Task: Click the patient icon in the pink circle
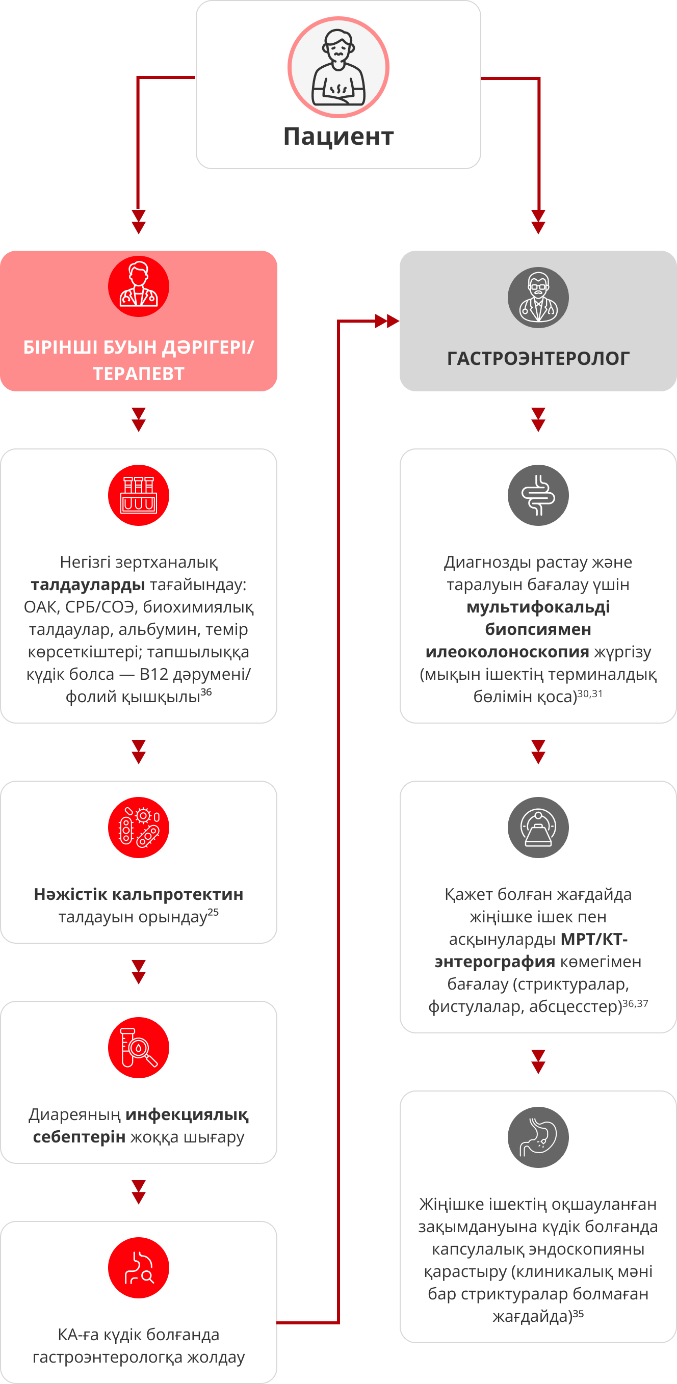tap(338, 67)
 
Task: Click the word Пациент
tap(338, 137)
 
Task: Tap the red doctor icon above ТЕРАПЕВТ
tap(139, 286)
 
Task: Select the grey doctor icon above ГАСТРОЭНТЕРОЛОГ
tap(538, 298)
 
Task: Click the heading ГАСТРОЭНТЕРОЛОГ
tap(538, 358)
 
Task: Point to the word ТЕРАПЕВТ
tap(139, 374)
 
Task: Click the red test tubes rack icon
tap(139, 495)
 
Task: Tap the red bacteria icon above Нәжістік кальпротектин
tap(139, 828)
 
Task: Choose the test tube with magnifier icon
tap(139, 1048)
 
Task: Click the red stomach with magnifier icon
tap(139, 1268)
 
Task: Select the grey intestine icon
tap(538, 495)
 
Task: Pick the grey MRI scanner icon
tap(538, 828)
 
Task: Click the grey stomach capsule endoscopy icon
tap(538, 1137)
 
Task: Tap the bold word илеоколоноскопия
tap(507, 652)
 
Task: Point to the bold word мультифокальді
tap(538, 607)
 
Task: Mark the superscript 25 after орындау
tap(213, 911)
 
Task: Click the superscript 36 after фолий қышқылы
tap(206, 692)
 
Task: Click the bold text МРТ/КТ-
tap(594, 939)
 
